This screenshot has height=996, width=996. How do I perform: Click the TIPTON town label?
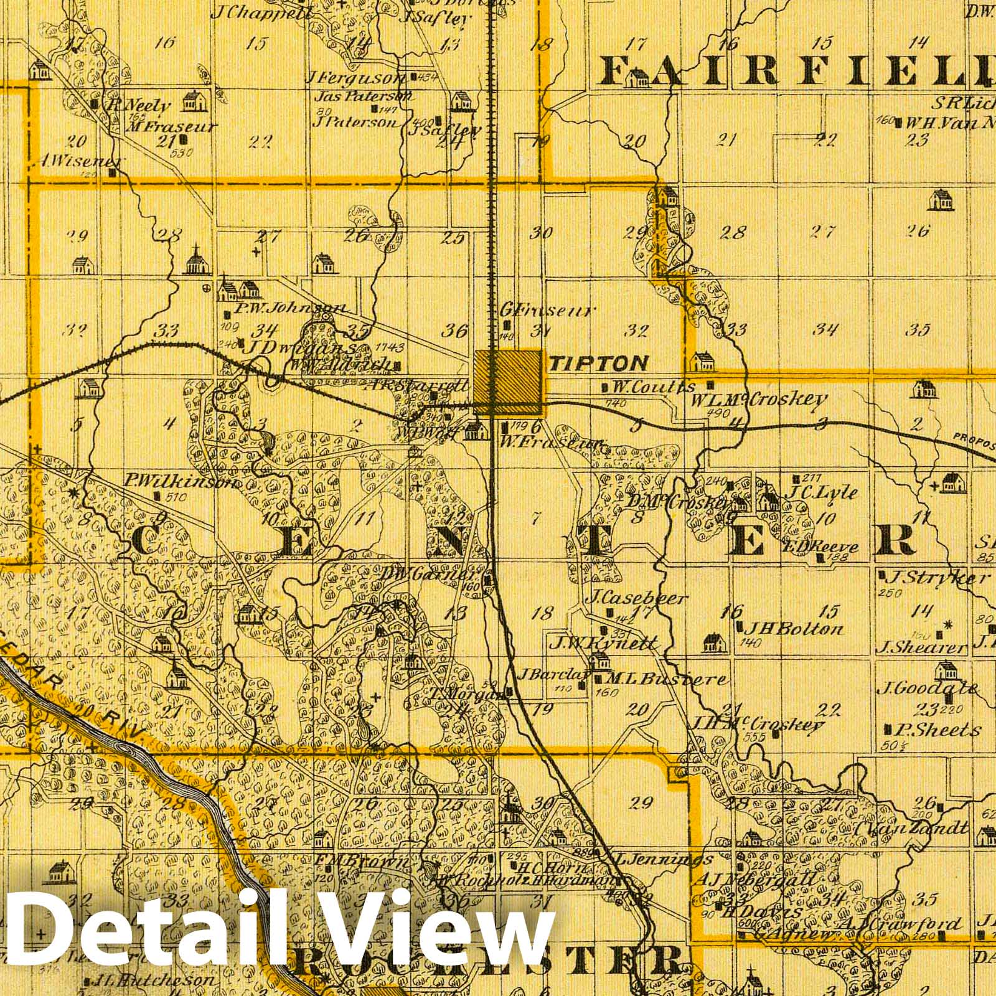tap(598, 363)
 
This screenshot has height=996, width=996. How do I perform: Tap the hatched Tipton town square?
tap(508, 382)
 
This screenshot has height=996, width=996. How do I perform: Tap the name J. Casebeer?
tap(636, 599)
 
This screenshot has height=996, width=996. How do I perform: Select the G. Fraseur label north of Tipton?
tap(548, 310)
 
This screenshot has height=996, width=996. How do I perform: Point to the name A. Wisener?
tap(80, 161)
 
